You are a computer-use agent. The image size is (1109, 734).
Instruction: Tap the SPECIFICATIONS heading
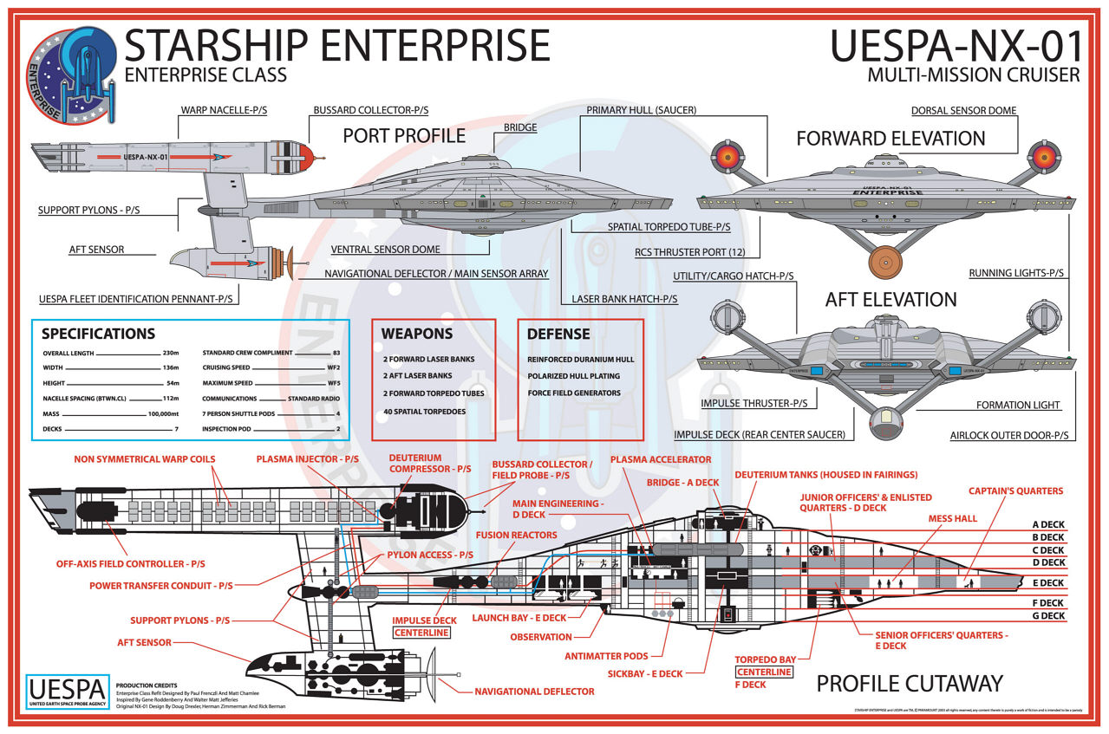coord(98,334)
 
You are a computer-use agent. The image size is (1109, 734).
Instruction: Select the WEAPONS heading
coord(417,334)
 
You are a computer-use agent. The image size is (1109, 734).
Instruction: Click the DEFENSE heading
coord(558,334)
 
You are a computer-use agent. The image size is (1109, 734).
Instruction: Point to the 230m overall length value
coord(171,354)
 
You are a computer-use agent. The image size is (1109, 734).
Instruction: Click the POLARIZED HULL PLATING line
coord(573,376)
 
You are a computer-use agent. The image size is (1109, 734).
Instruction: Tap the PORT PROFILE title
coord(404,135)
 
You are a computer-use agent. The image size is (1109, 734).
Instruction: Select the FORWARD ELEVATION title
coord(890,138)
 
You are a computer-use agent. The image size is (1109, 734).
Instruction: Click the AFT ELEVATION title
coord(890,300)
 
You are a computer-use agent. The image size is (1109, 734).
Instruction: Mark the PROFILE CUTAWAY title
coord(909,684)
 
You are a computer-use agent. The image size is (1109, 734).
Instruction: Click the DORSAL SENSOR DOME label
coord(963,111)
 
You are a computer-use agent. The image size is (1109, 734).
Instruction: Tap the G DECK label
coord(1048,616)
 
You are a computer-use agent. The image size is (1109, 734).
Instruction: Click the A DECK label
coord(1048,524)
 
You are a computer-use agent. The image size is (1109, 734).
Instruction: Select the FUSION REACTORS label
coord(517,536)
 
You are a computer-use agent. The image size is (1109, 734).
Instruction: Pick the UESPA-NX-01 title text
coord(955,46)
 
